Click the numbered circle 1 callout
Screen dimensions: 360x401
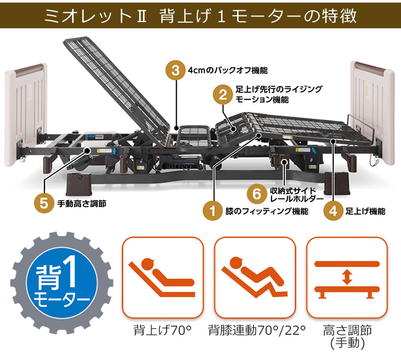tap(211, 211)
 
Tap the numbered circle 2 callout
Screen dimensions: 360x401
tap(223, 95)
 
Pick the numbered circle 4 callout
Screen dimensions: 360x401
tap(333, 211)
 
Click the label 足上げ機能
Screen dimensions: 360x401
tap(365, 211)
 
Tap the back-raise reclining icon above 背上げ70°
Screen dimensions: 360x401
tap(162, 277)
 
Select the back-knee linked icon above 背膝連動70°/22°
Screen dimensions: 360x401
tap(254, 277)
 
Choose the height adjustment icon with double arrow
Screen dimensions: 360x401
tap(347, 277)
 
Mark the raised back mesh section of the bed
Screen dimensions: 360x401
tap(118, 82)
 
